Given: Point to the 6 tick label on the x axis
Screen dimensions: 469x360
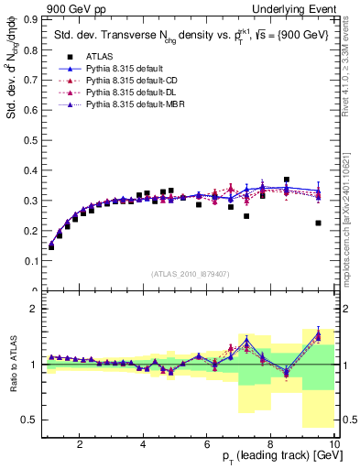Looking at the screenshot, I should [x=207, y=444].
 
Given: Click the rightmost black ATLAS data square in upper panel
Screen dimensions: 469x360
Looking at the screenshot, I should [x=318, y=223].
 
